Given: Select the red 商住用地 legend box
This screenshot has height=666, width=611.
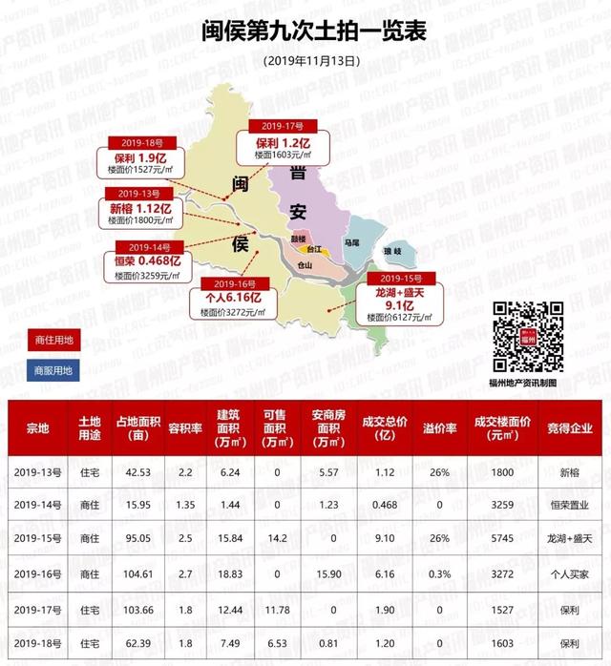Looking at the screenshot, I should [53, 340].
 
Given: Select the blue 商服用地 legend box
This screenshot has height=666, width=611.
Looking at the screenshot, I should [53, 370].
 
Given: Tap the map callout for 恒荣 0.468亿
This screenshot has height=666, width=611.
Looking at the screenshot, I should [142, 260].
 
